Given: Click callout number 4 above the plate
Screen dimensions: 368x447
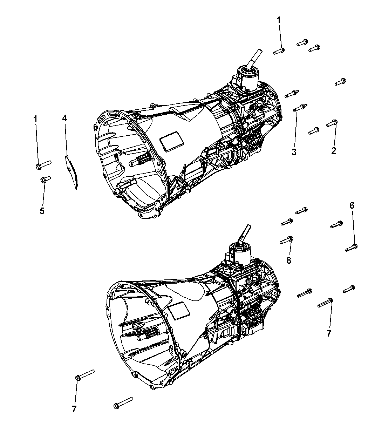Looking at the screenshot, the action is click(x=64, y=118).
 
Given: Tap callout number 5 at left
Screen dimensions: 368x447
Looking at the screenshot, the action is click(x=42, y=211).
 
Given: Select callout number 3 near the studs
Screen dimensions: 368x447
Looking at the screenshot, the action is click(x=294, y=152).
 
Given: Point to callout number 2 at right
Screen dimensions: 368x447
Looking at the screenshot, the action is click(x=334, y=151).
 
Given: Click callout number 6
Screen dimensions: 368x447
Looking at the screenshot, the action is click(x=352, y=205).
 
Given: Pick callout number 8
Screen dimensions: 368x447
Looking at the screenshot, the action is click(x=288, y=260).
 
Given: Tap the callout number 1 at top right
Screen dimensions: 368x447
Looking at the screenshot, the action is click(x=279, y=20).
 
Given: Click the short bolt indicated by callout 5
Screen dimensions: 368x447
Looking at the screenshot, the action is click(x=45, y=180).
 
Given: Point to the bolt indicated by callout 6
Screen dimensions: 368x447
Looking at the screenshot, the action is click(x=351, y=248).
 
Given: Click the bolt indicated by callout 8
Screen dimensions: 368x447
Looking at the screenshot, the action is click(x=286, y=240).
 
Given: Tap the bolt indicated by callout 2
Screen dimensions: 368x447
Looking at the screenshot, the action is click(x=332, y=123).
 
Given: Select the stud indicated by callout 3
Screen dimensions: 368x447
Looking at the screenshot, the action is click(x=300, y=108).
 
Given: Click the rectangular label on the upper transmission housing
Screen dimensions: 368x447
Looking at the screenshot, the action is click(x=172, y=142).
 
